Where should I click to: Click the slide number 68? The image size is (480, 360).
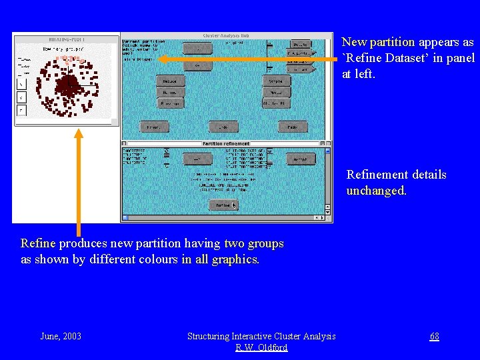click(434, 337)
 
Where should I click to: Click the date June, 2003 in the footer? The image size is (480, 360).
click(61, 336)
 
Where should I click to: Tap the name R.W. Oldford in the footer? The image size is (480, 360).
click(261, 347)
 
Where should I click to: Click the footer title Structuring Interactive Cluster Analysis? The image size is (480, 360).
click(261, 336)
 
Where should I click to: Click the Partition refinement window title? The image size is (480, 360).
click(226, 143)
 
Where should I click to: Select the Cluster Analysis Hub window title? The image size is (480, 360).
click(226, 35)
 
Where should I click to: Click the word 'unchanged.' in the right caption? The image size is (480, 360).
click(376, 191)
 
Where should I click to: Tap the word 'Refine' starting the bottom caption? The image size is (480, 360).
click(38, 243)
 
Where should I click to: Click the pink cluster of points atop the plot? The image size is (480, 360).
click(68, 59)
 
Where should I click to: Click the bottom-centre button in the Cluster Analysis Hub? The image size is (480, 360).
click(223, 127)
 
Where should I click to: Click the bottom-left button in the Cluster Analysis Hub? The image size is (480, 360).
click(154, 127)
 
